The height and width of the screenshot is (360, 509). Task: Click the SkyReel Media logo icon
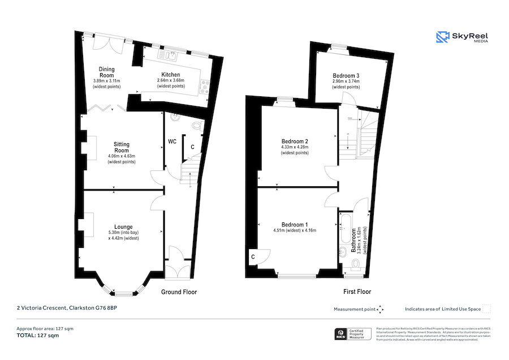pos(442,37)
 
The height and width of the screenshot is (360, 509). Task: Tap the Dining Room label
pos(107,72)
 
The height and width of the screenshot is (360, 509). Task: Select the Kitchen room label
pos(171,75)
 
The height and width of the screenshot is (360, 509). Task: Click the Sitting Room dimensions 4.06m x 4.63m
pos(122,156)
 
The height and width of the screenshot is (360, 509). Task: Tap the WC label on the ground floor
pos(172,142)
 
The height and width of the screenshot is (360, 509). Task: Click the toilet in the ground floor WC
pos(196,126)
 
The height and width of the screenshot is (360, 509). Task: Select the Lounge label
pos(123,226)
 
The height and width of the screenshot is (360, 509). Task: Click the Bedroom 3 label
pos(346,75)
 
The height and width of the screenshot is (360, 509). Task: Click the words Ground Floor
pos(179,292)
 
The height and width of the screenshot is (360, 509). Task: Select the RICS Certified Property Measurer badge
pos(353,335)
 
